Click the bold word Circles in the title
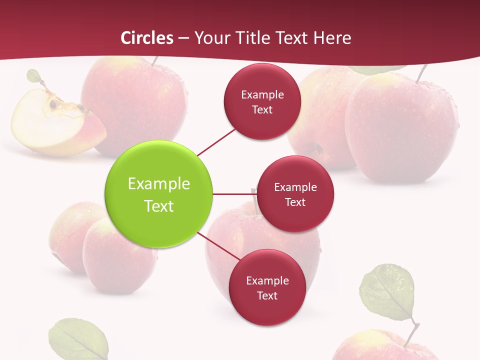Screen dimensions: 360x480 click(x=147, y=38)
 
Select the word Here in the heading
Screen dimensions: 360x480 click(x=332, y=38)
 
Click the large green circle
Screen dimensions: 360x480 click(x=159, y=194)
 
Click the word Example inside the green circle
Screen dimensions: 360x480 click(x=159, y=183)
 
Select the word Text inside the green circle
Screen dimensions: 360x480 click(x=159, y=206)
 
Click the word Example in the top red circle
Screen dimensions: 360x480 click(x=262, y=94)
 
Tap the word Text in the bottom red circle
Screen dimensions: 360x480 click(x=267, y=295)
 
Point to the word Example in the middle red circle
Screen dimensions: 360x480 click(x=295, y=187)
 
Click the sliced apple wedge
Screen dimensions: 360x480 click(x=55, y=125)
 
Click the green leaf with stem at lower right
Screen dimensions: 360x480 click(x=388, y=292)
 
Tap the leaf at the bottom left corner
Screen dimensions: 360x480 click(x=78, y=340)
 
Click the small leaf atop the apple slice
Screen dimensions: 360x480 click(x=33, y=76)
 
